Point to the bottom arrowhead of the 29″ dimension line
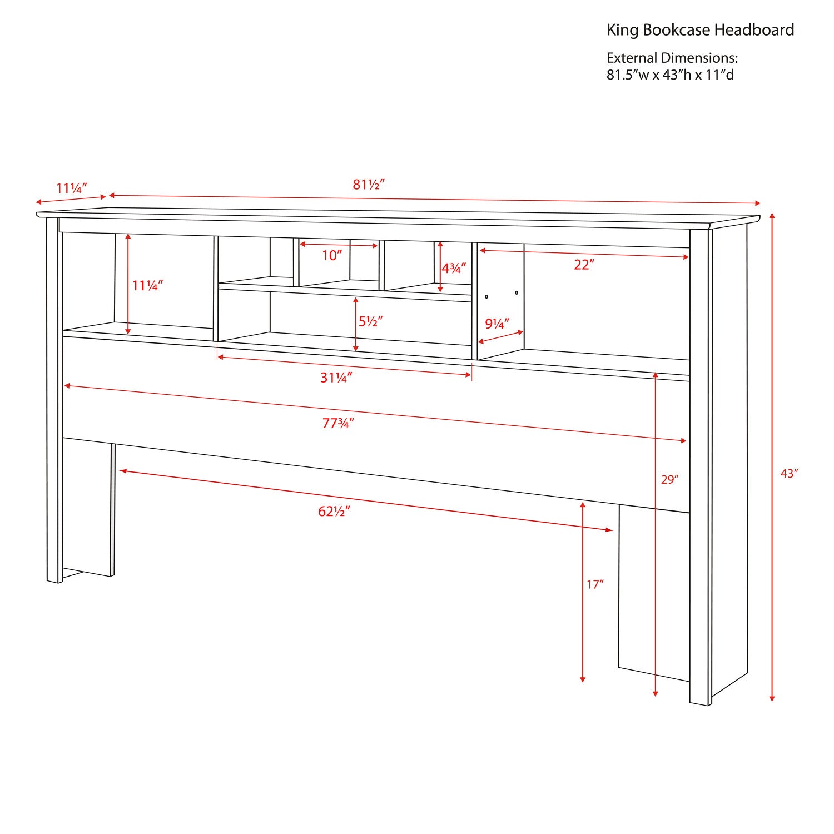[656, 696]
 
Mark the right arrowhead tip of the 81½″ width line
[760, 203]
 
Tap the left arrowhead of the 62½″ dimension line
[120, 470]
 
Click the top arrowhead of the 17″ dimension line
[583, 502]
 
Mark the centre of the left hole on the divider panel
[487, 296]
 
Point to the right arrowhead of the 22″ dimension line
[689, 257]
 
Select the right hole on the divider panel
[517, 292]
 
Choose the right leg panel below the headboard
[654, 593]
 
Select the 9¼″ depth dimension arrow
[501, 337]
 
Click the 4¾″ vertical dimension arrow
[440, 267]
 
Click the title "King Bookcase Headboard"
[700, 30]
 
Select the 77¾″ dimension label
[338, 424]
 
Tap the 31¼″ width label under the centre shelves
[336, 378]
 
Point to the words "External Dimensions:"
[672, 58]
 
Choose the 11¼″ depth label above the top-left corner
[72, 188]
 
